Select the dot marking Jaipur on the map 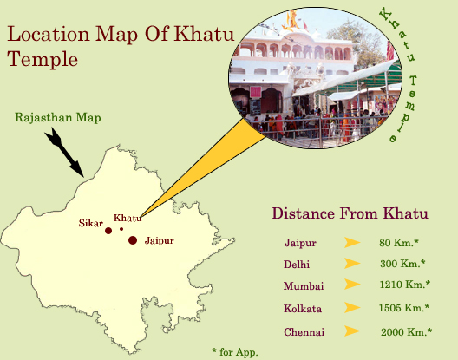coord(133,240)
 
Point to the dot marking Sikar coord(108,231)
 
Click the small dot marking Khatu coord(121,229)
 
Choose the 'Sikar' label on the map coord(90,223)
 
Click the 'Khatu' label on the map coord(128,218)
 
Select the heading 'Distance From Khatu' coord(350,213)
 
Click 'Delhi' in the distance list coord(296,264)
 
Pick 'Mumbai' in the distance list coord(301,285)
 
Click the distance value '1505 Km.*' coord(404,308)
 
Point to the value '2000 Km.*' coord(406,331)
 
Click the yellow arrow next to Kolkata coord(352,308)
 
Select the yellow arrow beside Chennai coord(352,331)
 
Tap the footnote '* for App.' coord(235,351)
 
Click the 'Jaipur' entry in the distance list coord(298,242)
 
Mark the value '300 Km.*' coord(402,264)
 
